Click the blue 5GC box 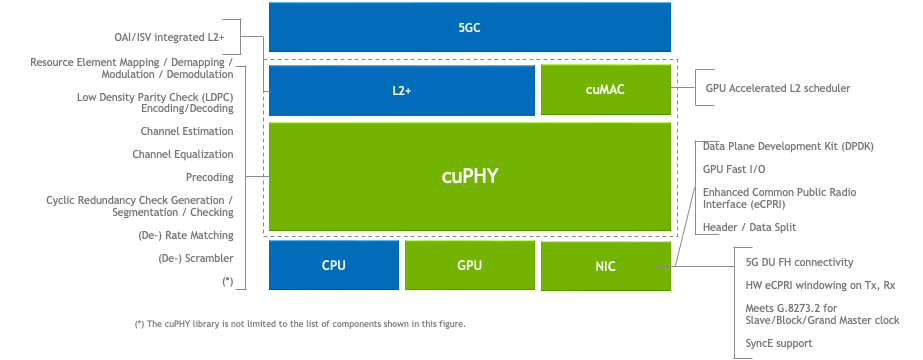(469, 27)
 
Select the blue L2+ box (401, 90)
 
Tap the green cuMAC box (605, 90)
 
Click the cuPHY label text (469, 176)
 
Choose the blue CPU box (333, 265)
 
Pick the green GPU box (469, 265)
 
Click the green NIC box (605, 265)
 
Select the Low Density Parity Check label (155, 103)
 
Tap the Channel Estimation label (187, 131)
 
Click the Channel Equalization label (183, 154)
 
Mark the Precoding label (209, 177)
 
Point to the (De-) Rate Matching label (186, 235)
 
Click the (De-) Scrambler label (196, 258)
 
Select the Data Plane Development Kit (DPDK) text (788, 146)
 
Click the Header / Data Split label (749, 227)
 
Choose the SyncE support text (779, 343)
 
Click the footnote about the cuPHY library (300, 324)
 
